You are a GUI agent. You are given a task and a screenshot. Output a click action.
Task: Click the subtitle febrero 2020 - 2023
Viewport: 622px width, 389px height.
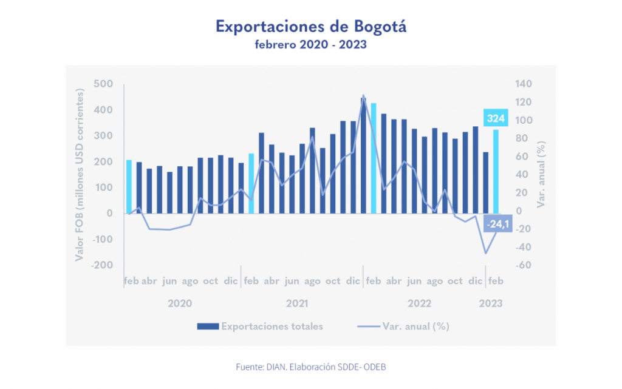[310, 45]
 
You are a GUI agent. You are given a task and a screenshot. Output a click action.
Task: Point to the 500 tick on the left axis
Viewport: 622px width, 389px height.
[103, 84]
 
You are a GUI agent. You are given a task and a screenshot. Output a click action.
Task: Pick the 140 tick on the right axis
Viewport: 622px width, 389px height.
[524, 84]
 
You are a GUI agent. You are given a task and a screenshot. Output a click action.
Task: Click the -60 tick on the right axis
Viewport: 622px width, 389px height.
[524, 265]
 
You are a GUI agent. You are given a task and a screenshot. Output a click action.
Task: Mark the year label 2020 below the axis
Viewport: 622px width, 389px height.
[180, 303]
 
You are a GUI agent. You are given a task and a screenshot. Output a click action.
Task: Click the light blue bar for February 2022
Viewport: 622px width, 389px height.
[374, 158]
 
